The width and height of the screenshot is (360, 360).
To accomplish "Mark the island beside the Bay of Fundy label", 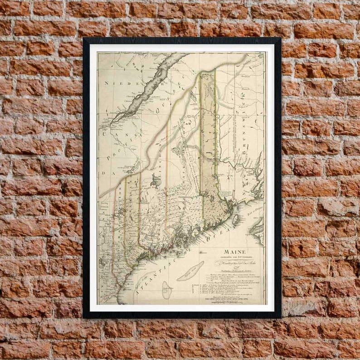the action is [x=235, y=219].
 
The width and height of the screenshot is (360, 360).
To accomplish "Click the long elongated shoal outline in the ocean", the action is [x=190, y=271].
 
